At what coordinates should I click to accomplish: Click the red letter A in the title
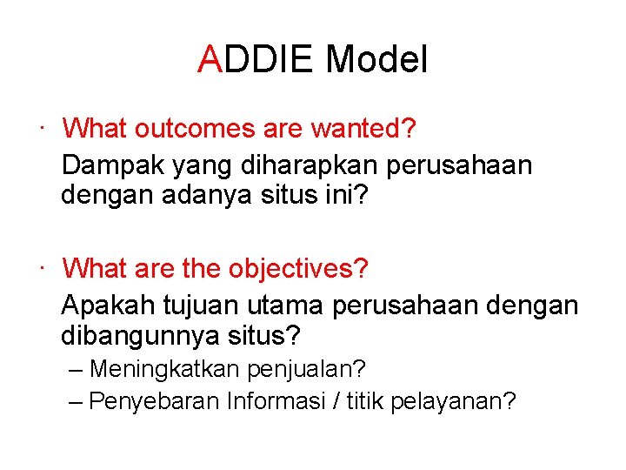click(210, 61)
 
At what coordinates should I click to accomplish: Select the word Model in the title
click(376, 61)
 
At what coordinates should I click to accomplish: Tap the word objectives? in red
click(298, 268)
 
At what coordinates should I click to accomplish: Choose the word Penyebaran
click(156, 401)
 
